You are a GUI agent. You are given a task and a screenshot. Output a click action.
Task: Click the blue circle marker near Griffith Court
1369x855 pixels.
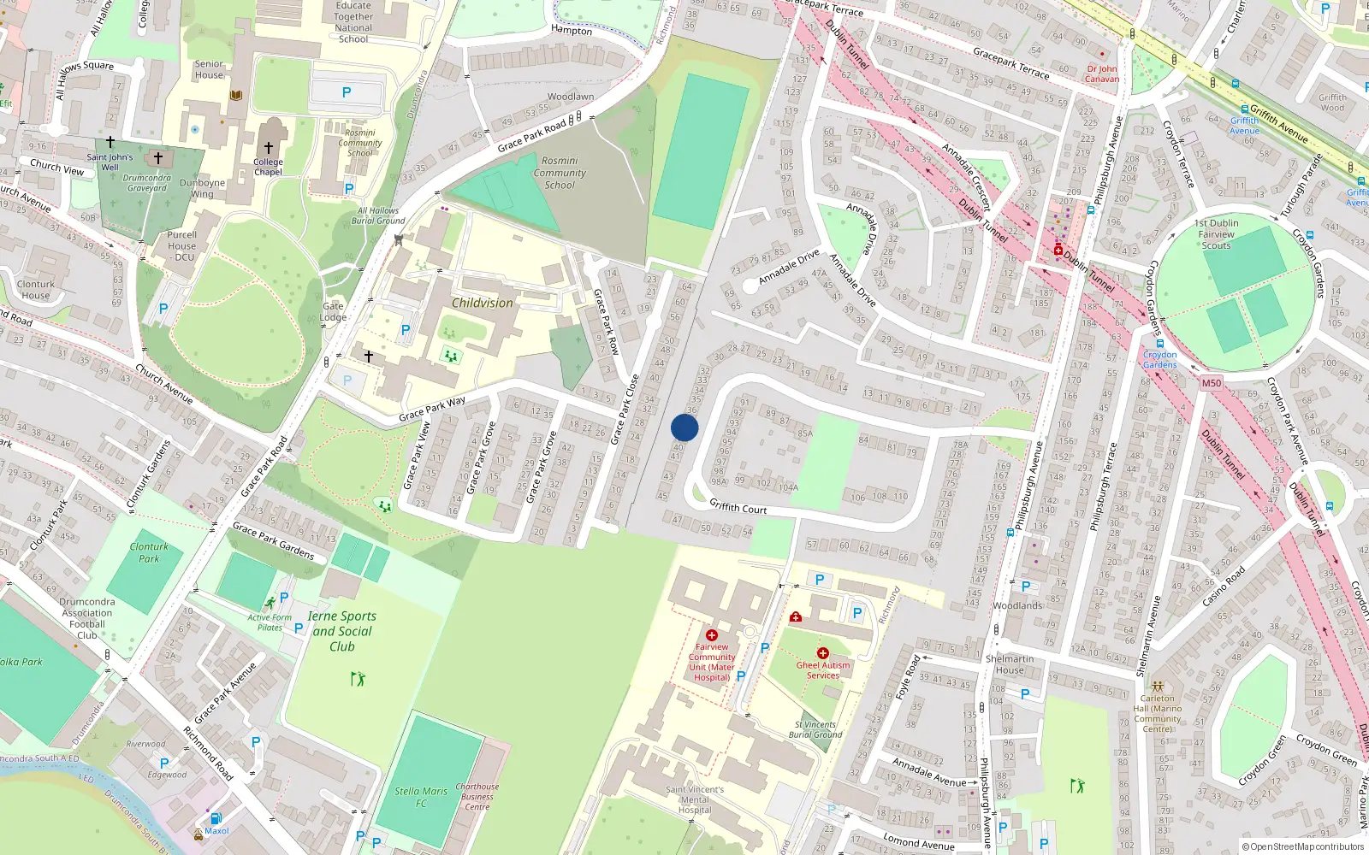point(684,427)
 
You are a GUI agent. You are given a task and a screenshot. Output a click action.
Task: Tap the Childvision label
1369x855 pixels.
point(483,303)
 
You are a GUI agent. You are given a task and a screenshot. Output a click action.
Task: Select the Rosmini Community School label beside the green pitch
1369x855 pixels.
point(560,173)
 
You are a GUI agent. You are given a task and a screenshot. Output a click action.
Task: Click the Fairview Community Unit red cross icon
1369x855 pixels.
point(712,635)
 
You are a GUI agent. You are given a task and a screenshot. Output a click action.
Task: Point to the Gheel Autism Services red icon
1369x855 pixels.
point(822,653)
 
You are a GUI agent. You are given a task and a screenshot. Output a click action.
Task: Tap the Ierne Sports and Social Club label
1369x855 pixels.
point(342,631)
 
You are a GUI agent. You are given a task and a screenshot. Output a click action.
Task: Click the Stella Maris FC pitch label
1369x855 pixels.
point(421,797)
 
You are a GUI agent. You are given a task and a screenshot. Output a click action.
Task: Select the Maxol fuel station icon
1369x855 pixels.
point(216,818)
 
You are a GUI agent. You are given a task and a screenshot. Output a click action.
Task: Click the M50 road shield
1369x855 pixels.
point(1211,383)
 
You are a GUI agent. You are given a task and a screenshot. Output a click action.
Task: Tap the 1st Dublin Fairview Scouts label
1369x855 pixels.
point(1216,234)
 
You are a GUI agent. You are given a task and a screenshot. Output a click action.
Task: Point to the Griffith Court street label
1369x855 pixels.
point(738,507)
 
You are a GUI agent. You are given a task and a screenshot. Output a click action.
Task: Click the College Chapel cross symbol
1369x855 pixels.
point(269,148)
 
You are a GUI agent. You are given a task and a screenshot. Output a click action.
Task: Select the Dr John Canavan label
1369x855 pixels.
point(1102,74)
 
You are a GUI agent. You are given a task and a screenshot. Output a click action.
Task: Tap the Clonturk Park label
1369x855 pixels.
point(149,552)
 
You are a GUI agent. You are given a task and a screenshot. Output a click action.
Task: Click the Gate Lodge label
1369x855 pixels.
point(333,311)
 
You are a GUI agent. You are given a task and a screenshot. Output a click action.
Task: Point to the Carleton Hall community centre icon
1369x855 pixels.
point(1157,686)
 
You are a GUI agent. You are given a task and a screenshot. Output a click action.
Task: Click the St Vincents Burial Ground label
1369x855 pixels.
point(815,729)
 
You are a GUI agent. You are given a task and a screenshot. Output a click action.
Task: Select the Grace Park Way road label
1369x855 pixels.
point(432,409)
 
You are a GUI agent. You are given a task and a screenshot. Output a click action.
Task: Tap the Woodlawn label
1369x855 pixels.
point(571,97)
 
